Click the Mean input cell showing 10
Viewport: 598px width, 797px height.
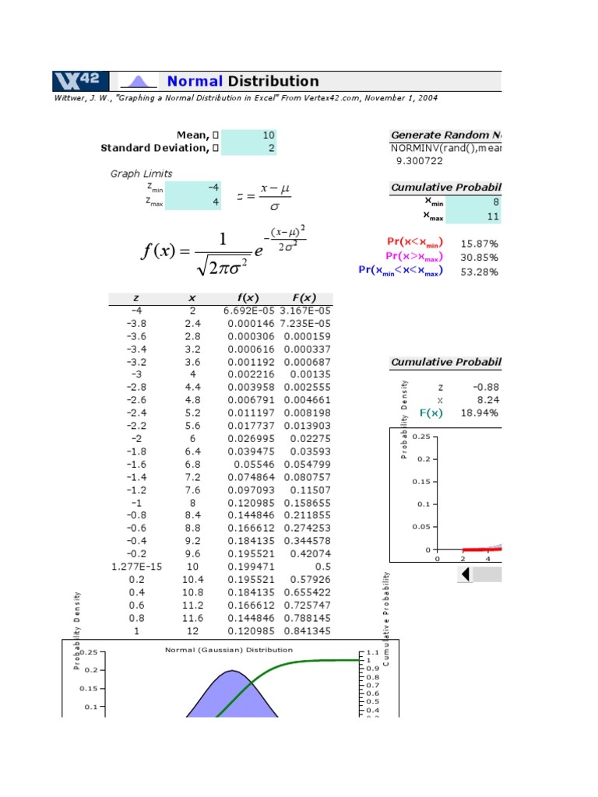click(249, 135)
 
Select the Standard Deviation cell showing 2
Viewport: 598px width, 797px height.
click(249, 148)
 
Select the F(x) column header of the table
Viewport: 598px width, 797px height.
click(304, 298)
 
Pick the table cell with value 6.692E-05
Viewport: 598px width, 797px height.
click(246, 310)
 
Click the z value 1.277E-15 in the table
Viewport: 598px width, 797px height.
click(136, 567)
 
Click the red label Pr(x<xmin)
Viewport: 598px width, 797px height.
click(416, 243)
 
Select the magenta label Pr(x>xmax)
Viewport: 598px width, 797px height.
click(416, 257)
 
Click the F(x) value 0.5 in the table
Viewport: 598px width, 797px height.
click(322, 567)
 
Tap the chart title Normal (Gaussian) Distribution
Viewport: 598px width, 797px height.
click(229, 649)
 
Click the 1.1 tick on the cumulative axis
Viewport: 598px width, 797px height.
click(372, 651)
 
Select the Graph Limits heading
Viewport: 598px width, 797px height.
click(141, 174)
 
